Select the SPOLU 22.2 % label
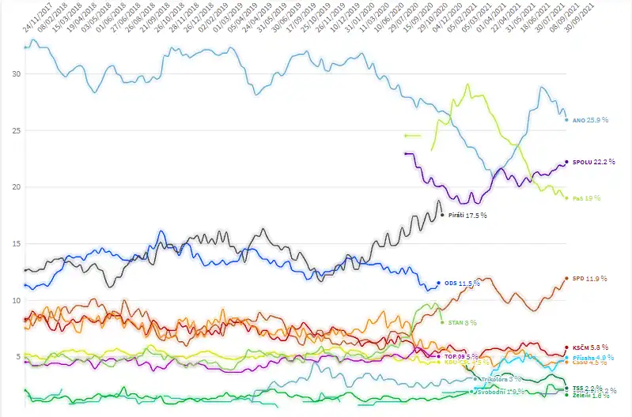[x=593, y=161]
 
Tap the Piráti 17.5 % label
[x=467, y=215]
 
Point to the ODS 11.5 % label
[x=462, y=283]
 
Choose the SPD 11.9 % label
[x=588, y=278]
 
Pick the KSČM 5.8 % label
[x=589, y=347]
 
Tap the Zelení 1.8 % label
[x=588, y=395]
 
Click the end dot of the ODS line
[x=438, y=283]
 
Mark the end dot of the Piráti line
[x=441, y=215]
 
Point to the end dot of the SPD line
[x=566, y=278]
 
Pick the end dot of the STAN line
[x=441, y=322]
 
